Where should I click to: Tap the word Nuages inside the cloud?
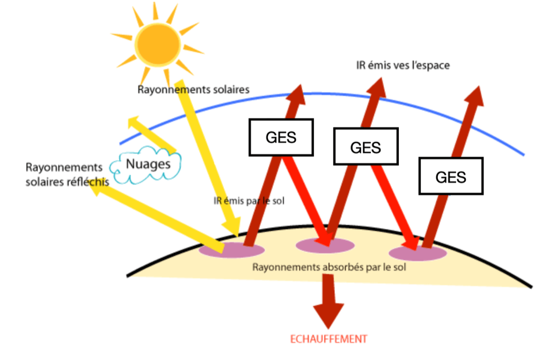148,164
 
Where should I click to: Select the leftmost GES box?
281,137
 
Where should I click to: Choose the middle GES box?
365,146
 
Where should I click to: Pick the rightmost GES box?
451,177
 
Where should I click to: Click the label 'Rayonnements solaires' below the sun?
194,90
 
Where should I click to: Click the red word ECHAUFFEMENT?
328,339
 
